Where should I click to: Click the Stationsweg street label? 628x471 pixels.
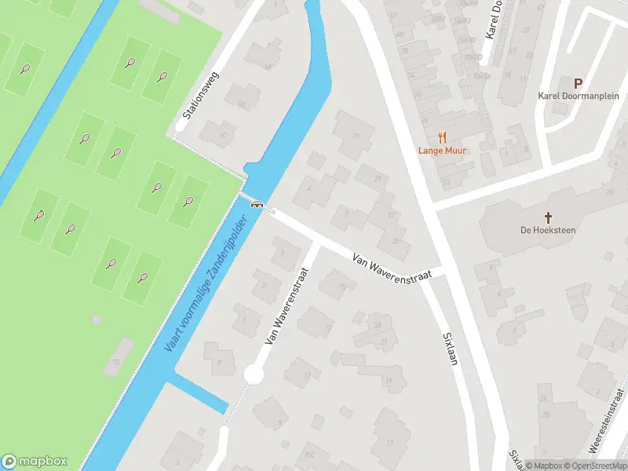(x=200, y=95)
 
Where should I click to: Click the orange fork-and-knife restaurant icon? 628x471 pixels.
(x=444, y=135)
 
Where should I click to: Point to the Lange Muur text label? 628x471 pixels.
(x=444, y=150)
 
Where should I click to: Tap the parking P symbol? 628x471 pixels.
(x=578, y=82)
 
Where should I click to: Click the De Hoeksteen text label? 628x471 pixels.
(x=549, y=230)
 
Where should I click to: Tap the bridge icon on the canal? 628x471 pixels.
(x=256, y=204)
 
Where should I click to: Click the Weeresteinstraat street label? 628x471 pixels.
(x=605, y=431)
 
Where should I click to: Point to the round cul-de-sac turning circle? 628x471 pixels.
(x=253, y=375)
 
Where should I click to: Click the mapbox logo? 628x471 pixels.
(x=35, y=462)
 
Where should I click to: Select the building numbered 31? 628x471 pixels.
(x=356, y=136)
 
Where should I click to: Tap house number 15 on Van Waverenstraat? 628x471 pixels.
(x=341, y=287)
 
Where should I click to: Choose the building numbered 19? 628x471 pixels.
(x=388, y=381)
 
